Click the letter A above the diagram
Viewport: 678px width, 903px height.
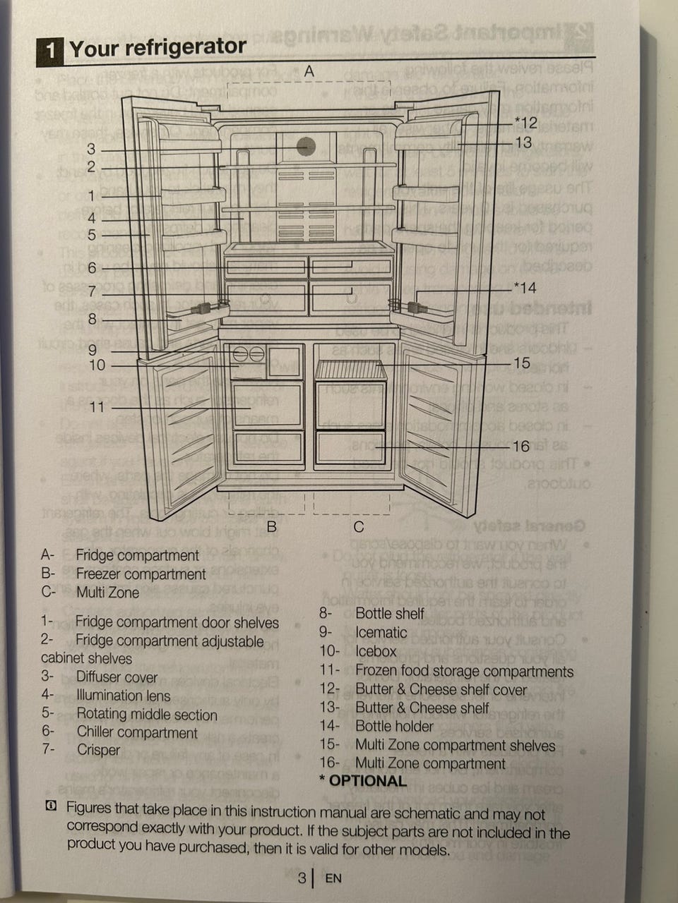pos(309,71)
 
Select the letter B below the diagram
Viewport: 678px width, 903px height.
pos(271,526)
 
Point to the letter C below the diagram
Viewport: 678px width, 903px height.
pos(359,527)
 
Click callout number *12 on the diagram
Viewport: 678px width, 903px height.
pos(525,123)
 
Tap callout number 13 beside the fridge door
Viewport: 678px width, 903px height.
pos(523,143)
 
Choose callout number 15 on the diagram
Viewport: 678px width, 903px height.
pos(522,363)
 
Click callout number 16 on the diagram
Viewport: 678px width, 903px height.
pos(521,447)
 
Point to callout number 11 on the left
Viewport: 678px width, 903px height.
pos(97,408)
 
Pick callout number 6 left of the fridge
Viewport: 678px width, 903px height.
pos(92,268)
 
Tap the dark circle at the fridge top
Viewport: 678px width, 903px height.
pos(306,146)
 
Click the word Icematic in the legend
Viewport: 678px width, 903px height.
pos(381,633)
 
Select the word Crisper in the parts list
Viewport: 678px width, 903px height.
pos(99,750)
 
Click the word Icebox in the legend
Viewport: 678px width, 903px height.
pos(376,651)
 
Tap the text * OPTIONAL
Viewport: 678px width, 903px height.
pos(363,781)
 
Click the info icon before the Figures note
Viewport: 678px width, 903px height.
pos(50,806)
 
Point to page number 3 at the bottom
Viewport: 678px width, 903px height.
pos(302,878)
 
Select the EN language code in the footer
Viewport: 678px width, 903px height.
pos(333,878)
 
